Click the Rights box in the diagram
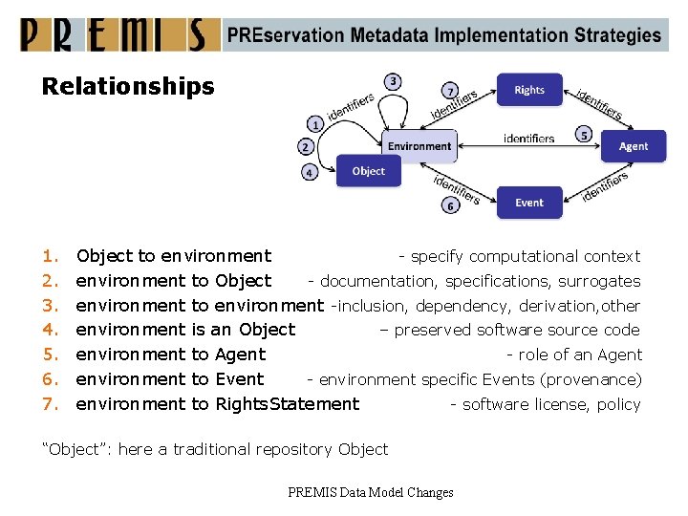click(529, 90)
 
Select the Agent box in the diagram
click(633, 146)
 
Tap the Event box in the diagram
click(529, 203)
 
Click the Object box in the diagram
click(368, 171)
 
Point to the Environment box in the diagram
click(419, 146)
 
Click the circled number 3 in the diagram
click(393, 82)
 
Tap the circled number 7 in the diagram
click(450, 91)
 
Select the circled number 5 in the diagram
click(584, 135)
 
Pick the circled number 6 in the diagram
click(449, 205)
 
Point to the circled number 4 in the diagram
click(310, 173)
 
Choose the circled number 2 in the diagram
click(305, 147)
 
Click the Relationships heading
click(128, 87)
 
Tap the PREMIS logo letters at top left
click(114, 35)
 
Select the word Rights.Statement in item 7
click(288, 404)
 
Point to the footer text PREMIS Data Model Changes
click(370, 492)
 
